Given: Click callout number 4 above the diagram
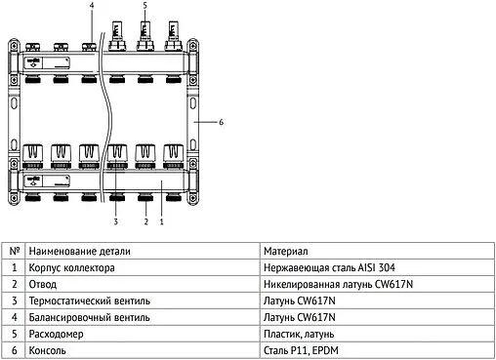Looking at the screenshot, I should click(x=92, y=6).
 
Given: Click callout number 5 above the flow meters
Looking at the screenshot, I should click(x=145, y=6).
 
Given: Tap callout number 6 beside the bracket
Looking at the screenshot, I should click(x=222, y=122).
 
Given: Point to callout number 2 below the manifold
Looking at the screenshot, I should click(x=145, y=222).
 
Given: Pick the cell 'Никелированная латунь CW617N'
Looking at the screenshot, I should click(x=334, y=284).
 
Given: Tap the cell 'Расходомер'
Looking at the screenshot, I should click(x=57, y=334).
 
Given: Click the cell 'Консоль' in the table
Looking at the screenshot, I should click(x=48, y=350).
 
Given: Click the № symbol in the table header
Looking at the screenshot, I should click(x=14, y=251).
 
